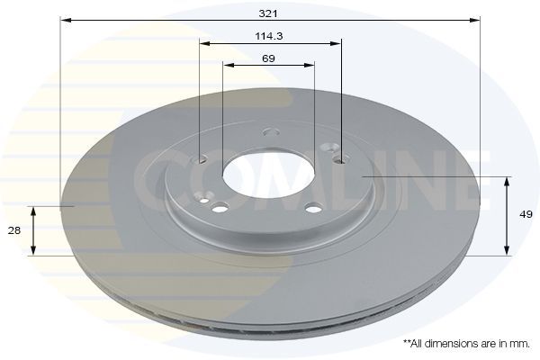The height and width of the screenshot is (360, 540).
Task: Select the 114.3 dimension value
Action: click(270, 37)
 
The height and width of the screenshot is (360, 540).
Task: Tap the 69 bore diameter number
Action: click(268, 58)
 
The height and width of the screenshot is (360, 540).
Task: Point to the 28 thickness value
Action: click(14, 230)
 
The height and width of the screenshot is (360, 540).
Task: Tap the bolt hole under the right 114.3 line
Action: click(339, 159)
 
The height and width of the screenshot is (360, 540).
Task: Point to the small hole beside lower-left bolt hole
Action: click(205, 200)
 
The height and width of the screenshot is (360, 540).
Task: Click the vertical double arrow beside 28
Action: click(34, 230)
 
